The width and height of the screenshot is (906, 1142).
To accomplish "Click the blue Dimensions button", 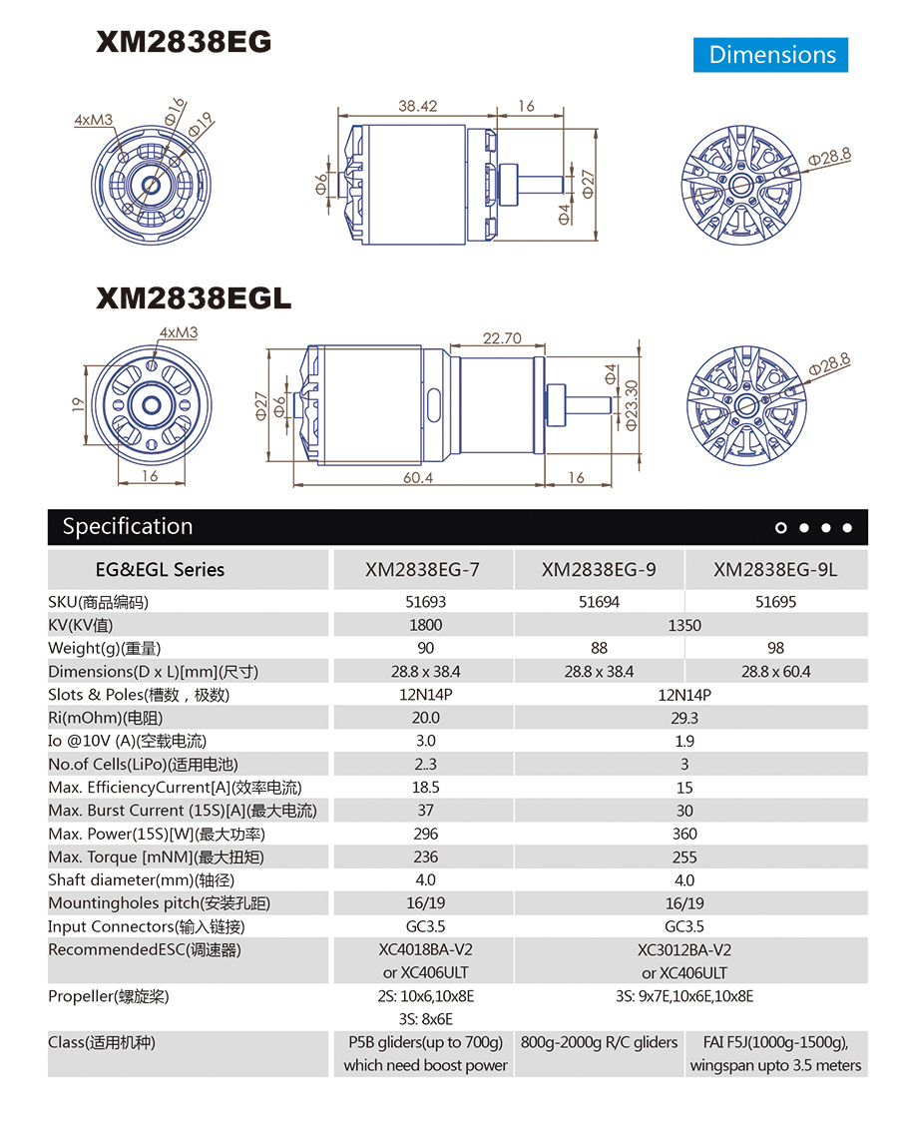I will (771, 55).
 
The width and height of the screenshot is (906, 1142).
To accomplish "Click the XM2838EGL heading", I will (194, 297).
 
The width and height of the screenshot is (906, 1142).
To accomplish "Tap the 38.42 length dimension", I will (418, 106).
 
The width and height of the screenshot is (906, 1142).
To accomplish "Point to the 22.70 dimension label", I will (502, 338).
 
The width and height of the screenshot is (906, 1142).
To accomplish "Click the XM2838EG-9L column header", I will (775, 570).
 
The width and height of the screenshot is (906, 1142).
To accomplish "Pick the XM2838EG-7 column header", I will (422, 570).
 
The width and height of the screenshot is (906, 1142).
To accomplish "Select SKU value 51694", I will (599, 602).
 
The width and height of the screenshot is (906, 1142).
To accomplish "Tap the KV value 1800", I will (426, 625).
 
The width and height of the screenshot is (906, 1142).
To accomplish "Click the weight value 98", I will (775, 648).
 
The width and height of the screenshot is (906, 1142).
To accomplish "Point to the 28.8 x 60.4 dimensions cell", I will (775, 672).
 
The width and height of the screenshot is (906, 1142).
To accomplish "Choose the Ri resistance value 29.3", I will (684, 718).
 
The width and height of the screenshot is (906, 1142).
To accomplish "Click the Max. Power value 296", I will (426, 834).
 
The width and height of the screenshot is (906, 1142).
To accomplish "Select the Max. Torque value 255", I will (684, 856).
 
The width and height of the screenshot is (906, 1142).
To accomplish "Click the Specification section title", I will (127, 526).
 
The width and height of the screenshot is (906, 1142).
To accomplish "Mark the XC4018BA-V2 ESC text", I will (426, 949).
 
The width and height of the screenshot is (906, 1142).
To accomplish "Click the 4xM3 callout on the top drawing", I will (94, 120).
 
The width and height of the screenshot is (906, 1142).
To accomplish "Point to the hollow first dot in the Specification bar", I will (781, 528).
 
